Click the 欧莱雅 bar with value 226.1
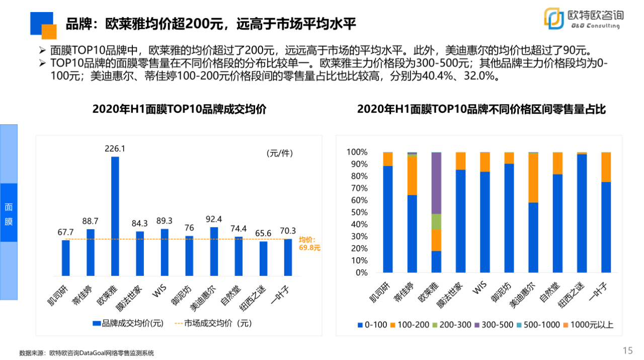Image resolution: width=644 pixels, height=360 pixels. (115, 217)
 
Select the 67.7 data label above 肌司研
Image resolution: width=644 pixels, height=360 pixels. (66, 232)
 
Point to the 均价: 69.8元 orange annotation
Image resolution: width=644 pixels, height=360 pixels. (309, 244)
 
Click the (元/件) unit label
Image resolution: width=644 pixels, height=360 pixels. (279, 153)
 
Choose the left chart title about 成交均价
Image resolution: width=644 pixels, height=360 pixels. (179, 109)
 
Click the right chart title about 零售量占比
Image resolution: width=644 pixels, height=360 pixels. (481, 109)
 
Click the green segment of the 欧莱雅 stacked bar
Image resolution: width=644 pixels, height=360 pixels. (436, 222)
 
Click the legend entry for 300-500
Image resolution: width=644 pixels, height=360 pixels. (493, 325)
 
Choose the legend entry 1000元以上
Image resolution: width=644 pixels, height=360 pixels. (589, 325)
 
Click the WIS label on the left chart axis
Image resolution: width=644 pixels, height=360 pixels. (160, 291)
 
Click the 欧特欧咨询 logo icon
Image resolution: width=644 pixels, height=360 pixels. (554, 18)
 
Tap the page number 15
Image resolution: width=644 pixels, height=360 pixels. (627, 351)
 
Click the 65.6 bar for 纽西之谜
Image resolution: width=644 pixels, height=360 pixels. (263, 259)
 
